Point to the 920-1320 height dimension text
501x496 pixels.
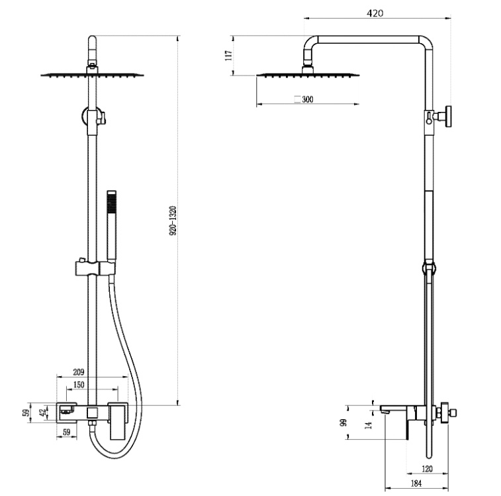[x=173, y=221]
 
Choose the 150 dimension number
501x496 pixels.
[x=79, y=385]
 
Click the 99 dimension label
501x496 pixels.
[x=344, y=422]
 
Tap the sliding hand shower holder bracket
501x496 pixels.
[x=93, y=269]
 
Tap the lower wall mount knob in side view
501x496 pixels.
[x=450, y=413]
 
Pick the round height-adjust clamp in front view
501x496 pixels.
[x=91, y=117]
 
